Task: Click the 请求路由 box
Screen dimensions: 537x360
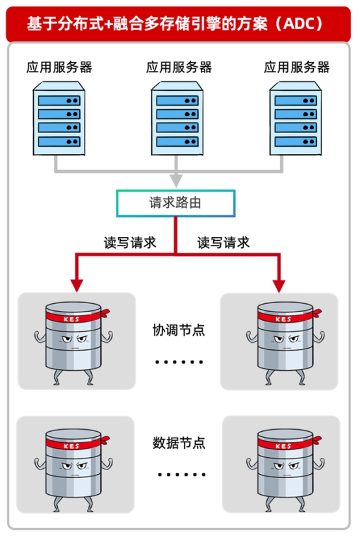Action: point(175,203)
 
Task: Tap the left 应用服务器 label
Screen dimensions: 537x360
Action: point(59,67)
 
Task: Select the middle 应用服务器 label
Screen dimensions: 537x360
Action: point(179,67)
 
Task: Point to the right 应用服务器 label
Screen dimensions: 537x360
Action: point(297,67)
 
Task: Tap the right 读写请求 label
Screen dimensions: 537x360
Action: point(224,243)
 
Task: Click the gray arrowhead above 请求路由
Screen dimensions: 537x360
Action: point(176,180)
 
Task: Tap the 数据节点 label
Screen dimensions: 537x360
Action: point(179,443)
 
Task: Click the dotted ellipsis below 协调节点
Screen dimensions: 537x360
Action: point(179,362)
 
